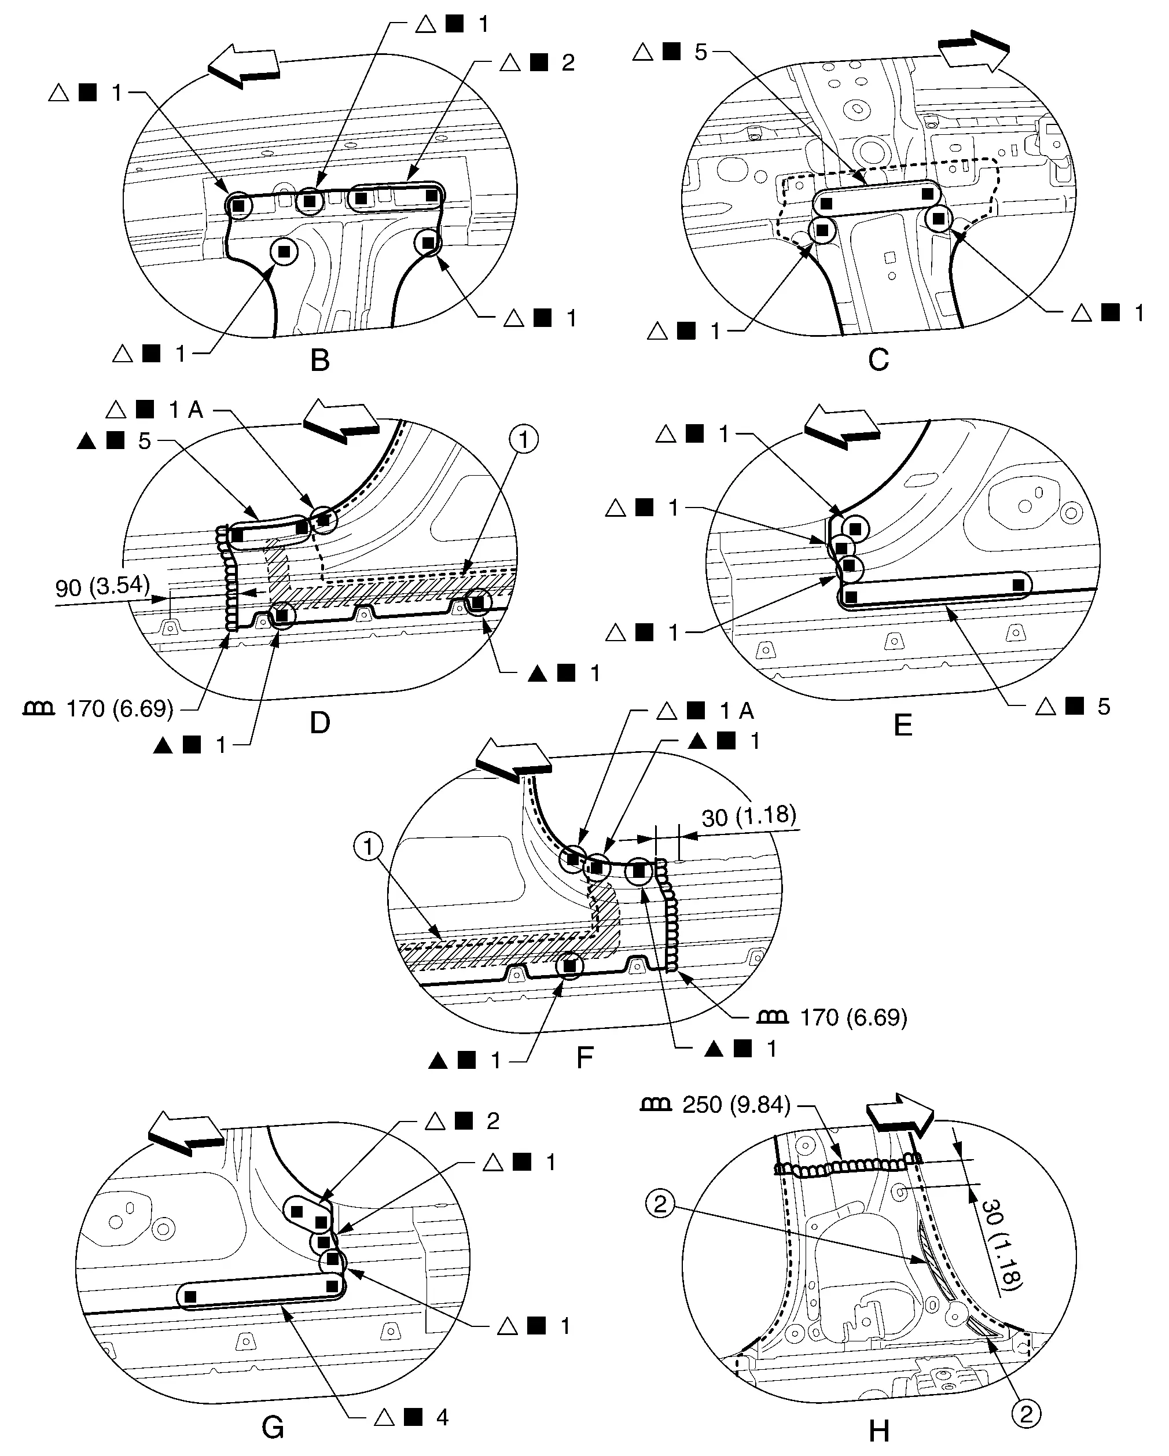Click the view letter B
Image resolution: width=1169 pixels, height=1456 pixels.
coord(319,361)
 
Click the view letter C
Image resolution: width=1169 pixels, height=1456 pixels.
coord(878,360)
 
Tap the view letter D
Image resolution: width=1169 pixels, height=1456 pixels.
coord(319,723)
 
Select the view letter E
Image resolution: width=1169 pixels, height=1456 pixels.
coord(903,725)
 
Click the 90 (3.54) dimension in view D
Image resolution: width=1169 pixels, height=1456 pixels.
coord(102,586)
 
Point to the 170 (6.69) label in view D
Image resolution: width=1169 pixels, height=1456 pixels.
coord(120,708)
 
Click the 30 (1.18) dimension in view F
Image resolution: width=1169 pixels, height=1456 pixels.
coord(749,816)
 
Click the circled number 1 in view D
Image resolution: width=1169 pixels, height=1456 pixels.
coord(523,440)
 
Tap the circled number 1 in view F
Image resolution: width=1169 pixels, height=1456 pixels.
coord(368,846)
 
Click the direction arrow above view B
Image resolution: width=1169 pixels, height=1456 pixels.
coord(243,66)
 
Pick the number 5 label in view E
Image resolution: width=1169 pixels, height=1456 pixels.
coord(1104,707)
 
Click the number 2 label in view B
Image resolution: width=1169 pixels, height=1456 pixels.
coord(568,63)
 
